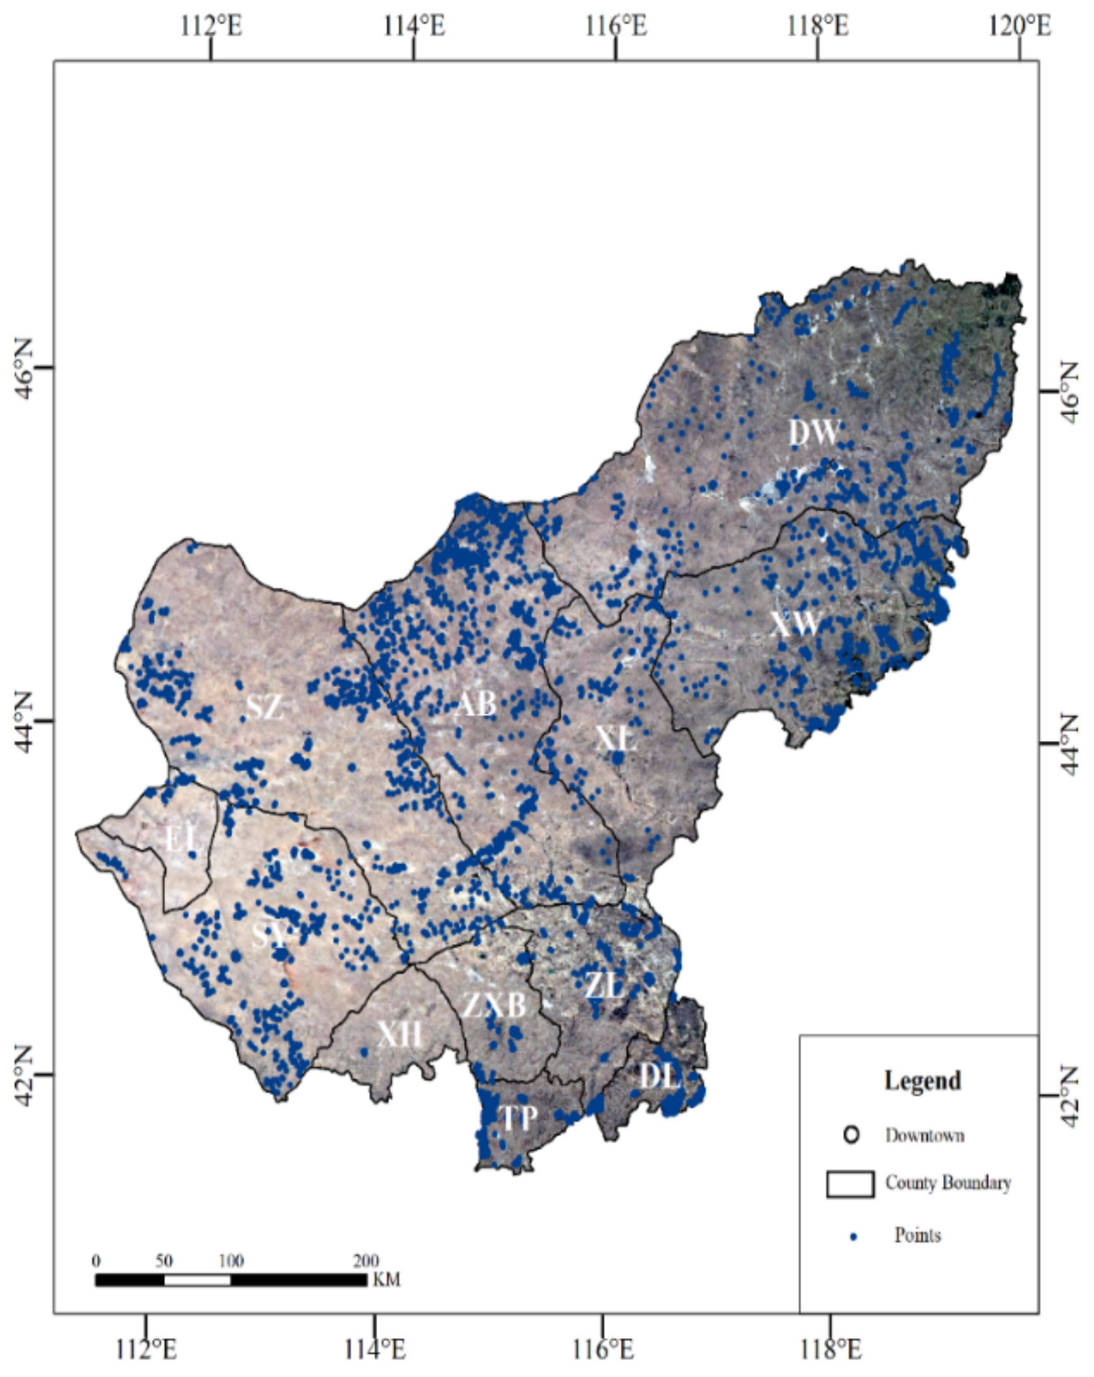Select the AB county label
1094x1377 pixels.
[x=476, y=704]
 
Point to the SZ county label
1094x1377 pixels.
[x=265, y=707]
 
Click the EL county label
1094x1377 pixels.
[x=184, y=839]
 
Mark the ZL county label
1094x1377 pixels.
[x=604, y=985]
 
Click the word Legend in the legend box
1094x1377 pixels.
[x=922, y=1081]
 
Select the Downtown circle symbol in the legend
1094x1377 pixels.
[x=851, y=1135]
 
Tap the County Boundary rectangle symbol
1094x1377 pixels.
[x=850, y=1184]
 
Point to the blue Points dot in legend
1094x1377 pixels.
[x=854, y=1237]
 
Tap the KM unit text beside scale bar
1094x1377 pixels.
[x=387, y=1280]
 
